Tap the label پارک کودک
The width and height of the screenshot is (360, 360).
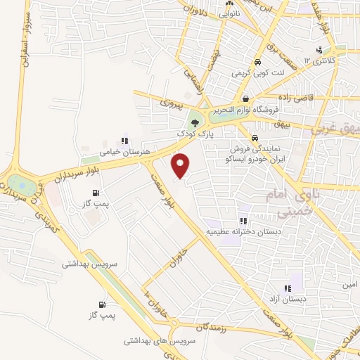195,131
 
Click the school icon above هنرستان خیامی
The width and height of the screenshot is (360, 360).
125,139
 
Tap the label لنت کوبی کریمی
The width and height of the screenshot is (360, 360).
259,72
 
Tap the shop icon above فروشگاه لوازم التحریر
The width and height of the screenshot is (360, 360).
245,98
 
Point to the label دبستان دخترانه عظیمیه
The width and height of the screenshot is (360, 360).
243,231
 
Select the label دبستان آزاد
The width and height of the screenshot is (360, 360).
286,300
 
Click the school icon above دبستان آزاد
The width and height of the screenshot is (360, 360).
287,288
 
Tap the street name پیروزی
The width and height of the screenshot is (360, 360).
171,103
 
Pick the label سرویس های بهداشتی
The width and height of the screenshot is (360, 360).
154,340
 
